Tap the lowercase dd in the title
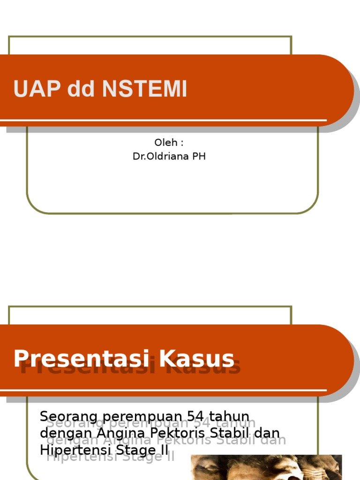(x=80, y=89)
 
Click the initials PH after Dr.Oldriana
(x=199, y=157)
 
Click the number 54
(x=196, y=416)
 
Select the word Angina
(x=113, y=434)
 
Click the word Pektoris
(x=172, y=433)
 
